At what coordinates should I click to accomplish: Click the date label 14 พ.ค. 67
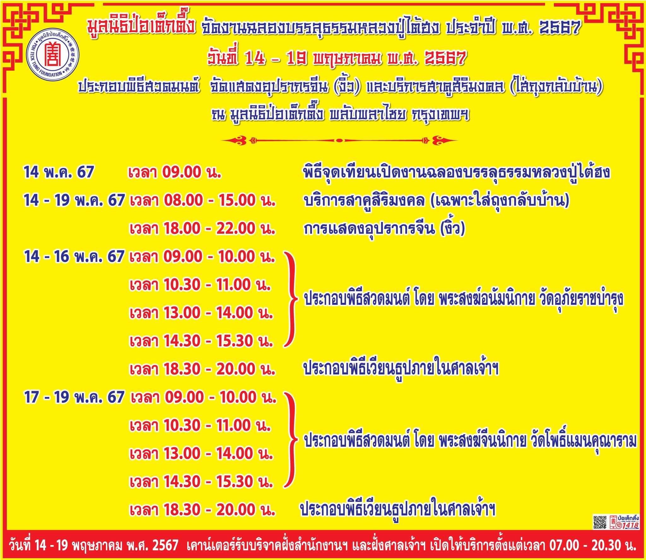click(59, 172)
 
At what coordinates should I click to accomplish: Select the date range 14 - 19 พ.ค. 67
click(74, 200)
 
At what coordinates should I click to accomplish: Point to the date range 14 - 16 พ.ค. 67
click(74, 256)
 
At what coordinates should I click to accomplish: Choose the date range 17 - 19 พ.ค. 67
click(74, 397)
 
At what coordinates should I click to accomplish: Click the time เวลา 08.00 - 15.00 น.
click(203, 200)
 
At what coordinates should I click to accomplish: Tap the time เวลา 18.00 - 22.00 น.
click(203, 228)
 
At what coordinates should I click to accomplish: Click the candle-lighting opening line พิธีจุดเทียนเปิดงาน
click(456, 173)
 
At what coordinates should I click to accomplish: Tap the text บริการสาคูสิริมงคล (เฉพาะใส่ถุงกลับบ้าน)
click(436, 201)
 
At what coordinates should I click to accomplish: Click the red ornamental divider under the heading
click(339, 140)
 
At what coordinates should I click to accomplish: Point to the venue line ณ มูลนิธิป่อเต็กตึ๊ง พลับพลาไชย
click(340, 115)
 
